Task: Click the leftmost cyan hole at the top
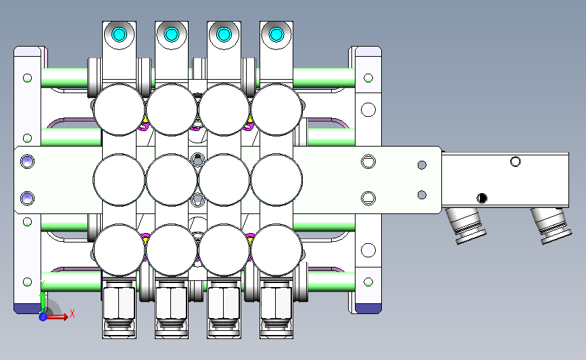point(120,34)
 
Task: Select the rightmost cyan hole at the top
point(276,34)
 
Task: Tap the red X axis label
point(72,313)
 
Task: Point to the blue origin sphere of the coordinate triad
point(43,316)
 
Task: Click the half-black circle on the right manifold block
point(482,198)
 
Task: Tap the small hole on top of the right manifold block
point(516,161)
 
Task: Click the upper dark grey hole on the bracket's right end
point(422,165)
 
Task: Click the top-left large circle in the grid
point(120,109)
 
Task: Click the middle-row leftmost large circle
point(119,179)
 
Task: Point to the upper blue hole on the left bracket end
point(27,161)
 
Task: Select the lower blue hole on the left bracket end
point(27,197)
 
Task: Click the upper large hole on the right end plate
point(368,109)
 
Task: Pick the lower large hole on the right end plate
point(368,251)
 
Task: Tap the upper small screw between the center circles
point(197,159)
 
